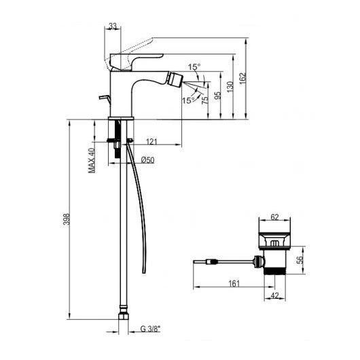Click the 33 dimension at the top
point(113,26)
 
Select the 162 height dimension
point(242,78)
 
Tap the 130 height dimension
point(230,87)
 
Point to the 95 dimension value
point(217,95)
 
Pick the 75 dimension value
point(205,100)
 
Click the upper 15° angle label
point(194,67)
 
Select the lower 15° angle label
point(188,101)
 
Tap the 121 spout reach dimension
point(151,141)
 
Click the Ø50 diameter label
point(147,160)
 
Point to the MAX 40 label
point(92,160)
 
